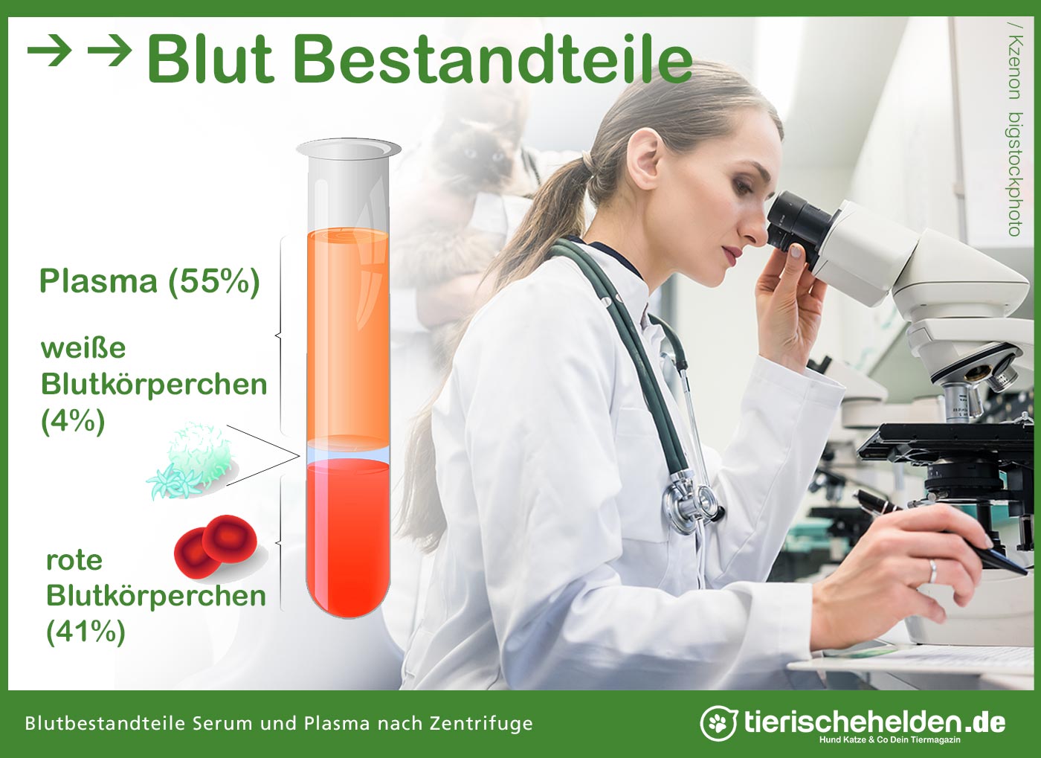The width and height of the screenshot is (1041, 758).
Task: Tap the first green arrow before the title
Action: pyautogui.click(x=50, y=50)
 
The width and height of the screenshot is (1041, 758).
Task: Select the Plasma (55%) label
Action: pyautogui.click(x=149, y=282)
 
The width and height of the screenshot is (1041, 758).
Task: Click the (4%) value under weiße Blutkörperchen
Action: pyautogui.click(x=73, y=422)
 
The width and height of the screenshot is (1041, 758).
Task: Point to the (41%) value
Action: pyautogui.click(x=86, y=632)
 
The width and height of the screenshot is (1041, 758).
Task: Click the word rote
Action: pyautogui.click(x=74, y=560)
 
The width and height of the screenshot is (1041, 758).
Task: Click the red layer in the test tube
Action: pyautogui.click(x=348, y=535)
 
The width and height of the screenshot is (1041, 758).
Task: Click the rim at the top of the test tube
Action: pyautogui.click(x=349, y=148)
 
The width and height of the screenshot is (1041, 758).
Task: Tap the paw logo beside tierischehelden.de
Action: pyautogui.click(x=718, y=723)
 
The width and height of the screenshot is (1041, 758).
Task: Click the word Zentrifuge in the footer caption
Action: pyautogui.click(x=481, y=724)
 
